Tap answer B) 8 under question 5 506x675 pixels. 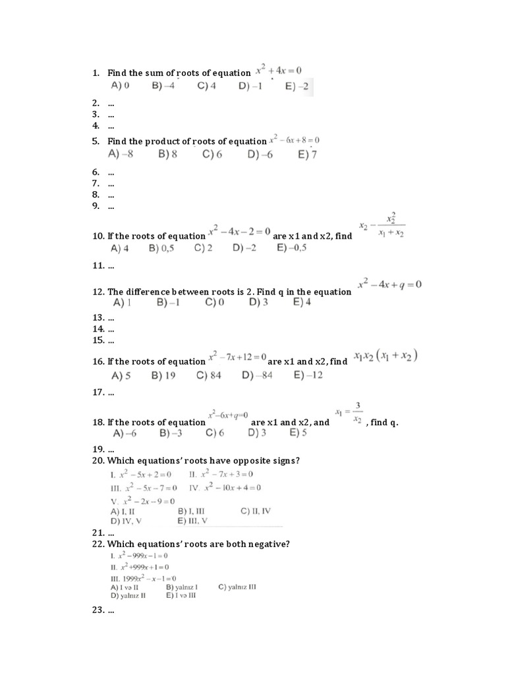coord(167,154)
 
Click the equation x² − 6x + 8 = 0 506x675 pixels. coord(294,140)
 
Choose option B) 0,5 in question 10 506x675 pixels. coord(162,249)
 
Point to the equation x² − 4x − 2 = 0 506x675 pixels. coord(239,232)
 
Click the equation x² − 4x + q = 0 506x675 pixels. coord(389,285)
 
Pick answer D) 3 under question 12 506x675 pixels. coord(258,303)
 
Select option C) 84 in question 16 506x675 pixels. coord(209,376)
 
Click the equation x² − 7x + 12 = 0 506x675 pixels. coord(237,357)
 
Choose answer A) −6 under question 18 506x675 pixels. coord(125,434)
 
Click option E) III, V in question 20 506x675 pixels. coord(192,521)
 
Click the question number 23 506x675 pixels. coord(99,610)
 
